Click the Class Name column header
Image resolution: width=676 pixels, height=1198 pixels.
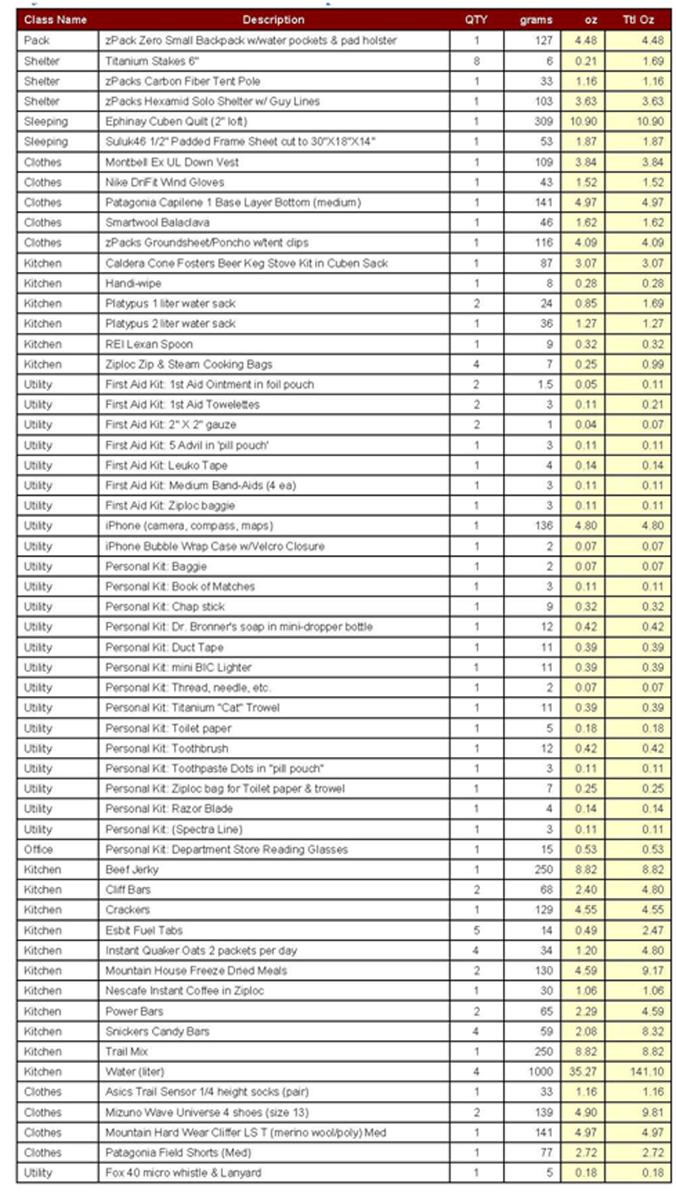(x=56, y=19)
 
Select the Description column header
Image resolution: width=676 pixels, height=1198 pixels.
(x=273, y=19)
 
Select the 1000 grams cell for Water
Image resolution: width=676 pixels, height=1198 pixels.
(x=539, y=1071)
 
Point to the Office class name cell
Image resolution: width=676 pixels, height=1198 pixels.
(x=39, y=849)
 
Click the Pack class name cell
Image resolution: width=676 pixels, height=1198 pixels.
(x=37, y=41)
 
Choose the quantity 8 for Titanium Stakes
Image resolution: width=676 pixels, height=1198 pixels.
(x=476, y=61)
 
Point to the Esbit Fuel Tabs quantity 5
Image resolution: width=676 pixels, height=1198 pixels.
(x=476, y=930)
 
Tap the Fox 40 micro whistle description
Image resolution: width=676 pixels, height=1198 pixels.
(x=183, y=1173)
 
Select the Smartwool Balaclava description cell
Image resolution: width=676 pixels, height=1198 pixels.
(x=155, y=222)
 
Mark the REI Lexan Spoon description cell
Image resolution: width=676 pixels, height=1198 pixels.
(x=149, y=344)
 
